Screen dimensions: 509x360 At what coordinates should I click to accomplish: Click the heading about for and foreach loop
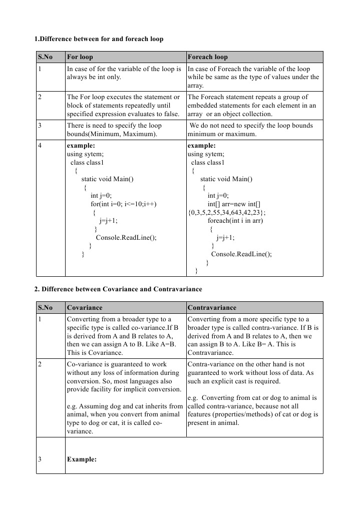pos(99,39)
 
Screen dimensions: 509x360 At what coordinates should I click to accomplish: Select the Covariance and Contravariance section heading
pos(118,289)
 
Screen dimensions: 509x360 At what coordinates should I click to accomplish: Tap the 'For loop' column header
pos(80,57)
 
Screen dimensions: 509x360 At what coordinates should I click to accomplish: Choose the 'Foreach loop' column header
pos(207,57)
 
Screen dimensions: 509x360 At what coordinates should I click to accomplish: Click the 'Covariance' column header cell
pos(85,308)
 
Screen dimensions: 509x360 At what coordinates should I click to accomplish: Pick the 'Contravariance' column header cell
pos(212,308)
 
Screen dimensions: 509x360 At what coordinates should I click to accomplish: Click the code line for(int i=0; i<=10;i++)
pos(123,204)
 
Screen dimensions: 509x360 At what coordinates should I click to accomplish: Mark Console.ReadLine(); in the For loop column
pos(126,238)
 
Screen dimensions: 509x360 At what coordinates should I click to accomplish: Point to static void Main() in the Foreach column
pos(226,179)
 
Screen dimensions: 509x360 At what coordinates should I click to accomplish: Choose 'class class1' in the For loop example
pos(88,163)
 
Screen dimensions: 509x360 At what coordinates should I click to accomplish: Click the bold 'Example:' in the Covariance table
pos(82,459)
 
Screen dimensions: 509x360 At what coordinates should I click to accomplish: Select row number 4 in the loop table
pos(40,146)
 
